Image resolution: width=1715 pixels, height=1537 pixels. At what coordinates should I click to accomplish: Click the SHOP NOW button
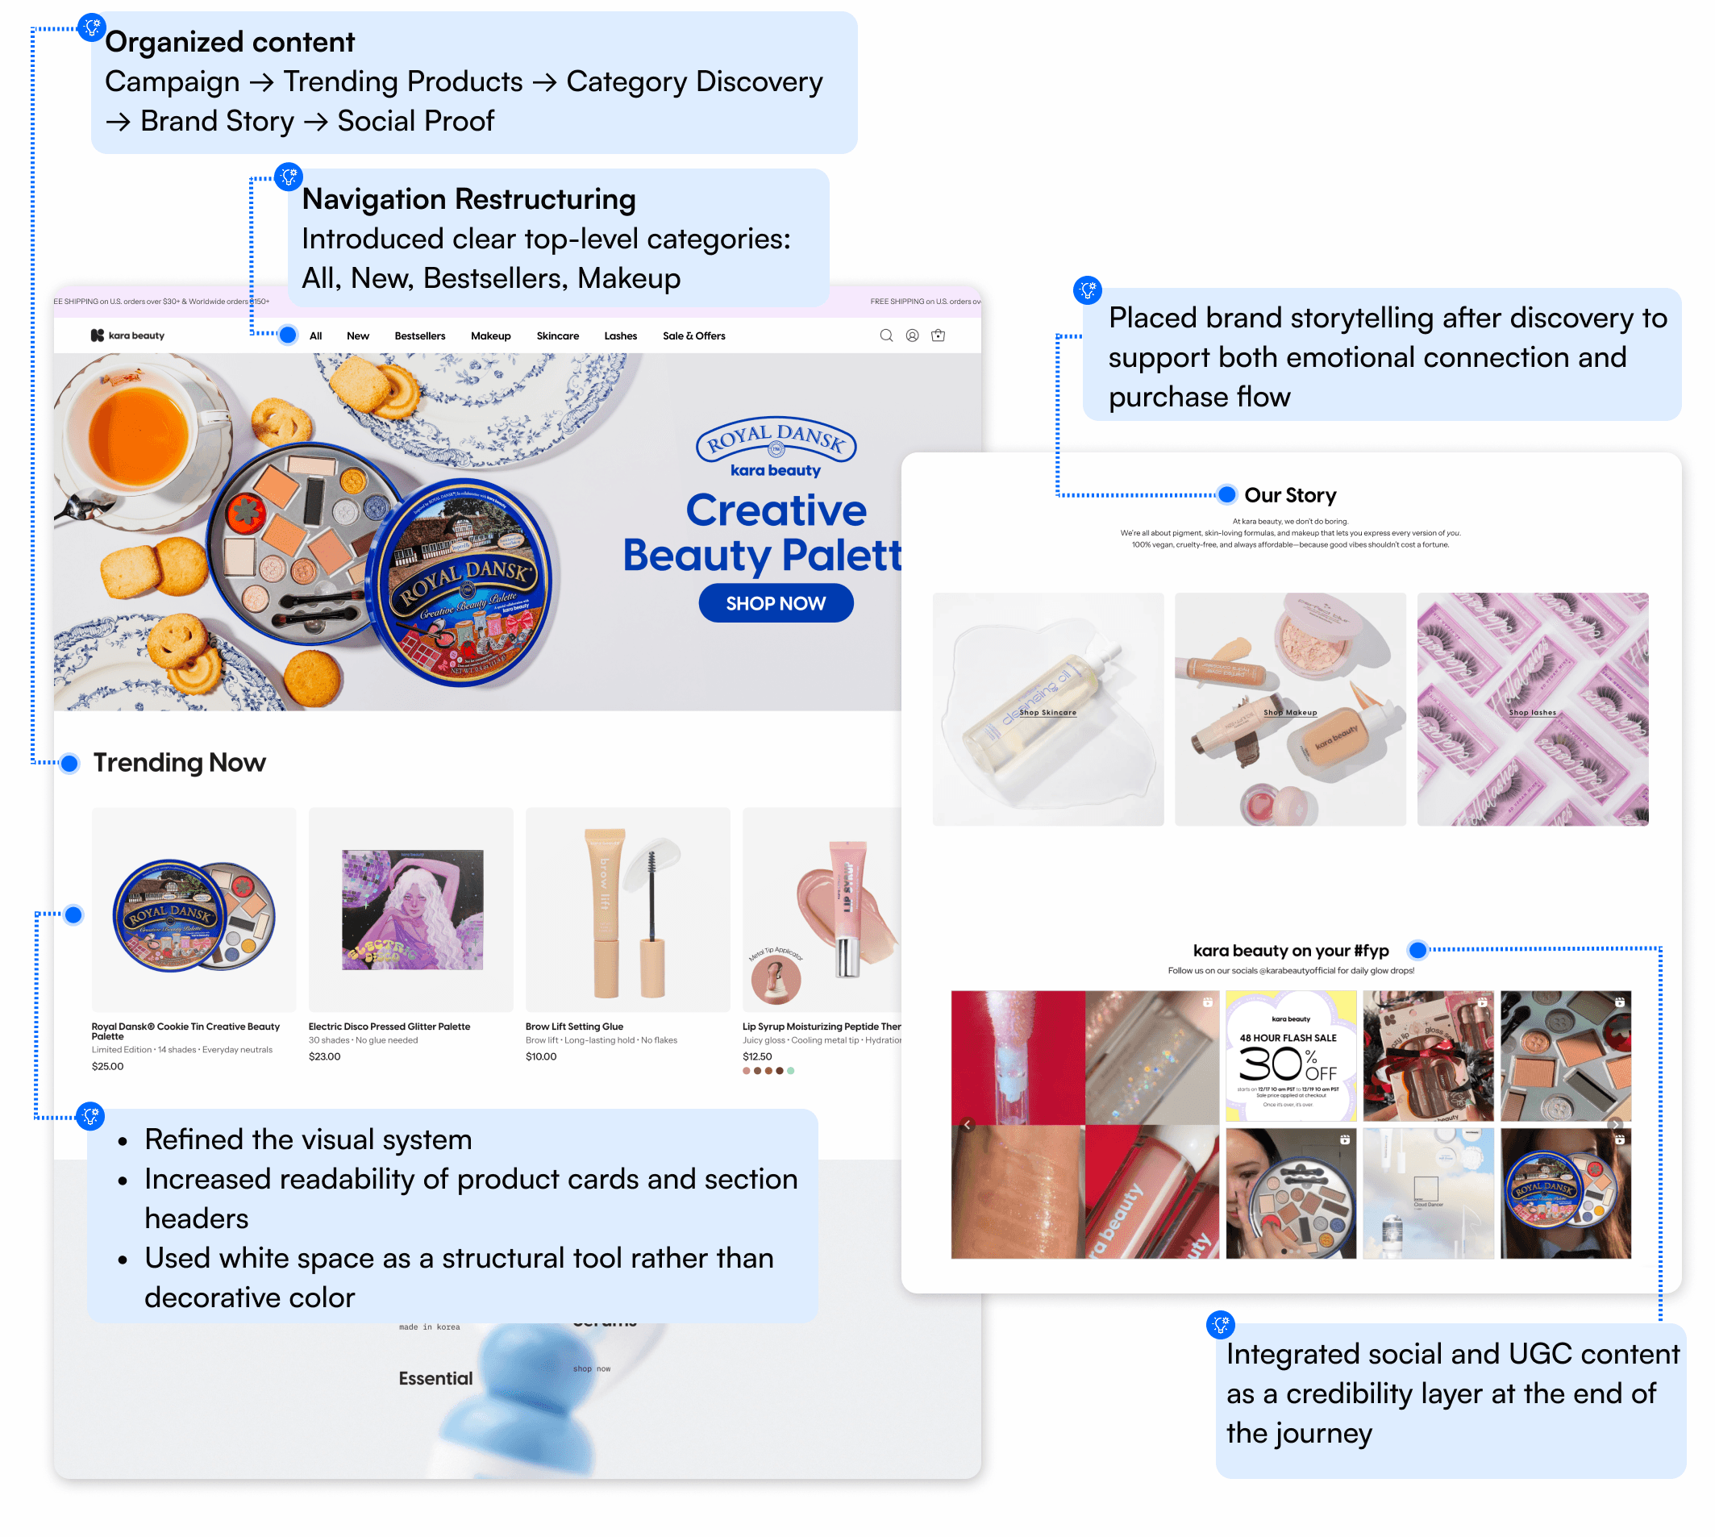click(774, 602)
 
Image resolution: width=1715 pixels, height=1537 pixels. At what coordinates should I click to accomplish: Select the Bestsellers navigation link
click(418, 335)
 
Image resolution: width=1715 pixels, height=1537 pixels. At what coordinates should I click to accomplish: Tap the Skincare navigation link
click(557, 335)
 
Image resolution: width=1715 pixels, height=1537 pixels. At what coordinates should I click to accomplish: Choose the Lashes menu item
click(620, 335)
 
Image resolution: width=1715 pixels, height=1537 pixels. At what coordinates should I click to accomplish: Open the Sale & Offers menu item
click(693, 335)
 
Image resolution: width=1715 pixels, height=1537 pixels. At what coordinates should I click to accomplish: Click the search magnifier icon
click(885, 335)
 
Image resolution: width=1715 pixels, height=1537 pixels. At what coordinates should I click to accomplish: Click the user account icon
click(911, 335)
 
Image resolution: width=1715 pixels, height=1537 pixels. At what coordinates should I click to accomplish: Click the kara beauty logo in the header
click(127, 335)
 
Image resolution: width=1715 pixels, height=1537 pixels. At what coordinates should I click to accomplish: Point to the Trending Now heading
click(179, 762)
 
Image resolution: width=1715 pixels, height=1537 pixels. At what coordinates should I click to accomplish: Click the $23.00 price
click(324, 1056)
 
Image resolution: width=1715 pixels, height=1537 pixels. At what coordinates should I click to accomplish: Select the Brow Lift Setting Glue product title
click(573, 1026)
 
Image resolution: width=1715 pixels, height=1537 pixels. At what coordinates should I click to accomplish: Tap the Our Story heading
click(1289, 495)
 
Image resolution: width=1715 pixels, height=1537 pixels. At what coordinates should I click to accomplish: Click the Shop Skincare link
click(1047, 712)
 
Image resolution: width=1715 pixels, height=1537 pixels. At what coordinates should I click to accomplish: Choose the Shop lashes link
click(1531, 712)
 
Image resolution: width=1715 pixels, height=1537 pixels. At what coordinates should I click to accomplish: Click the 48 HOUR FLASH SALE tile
click(1289, 1055)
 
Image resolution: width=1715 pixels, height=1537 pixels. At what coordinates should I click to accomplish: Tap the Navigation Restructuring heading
click(468, 199)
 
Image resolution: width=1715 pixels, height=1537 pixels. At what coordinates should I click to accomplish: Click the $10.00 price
click(540, 1056)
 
